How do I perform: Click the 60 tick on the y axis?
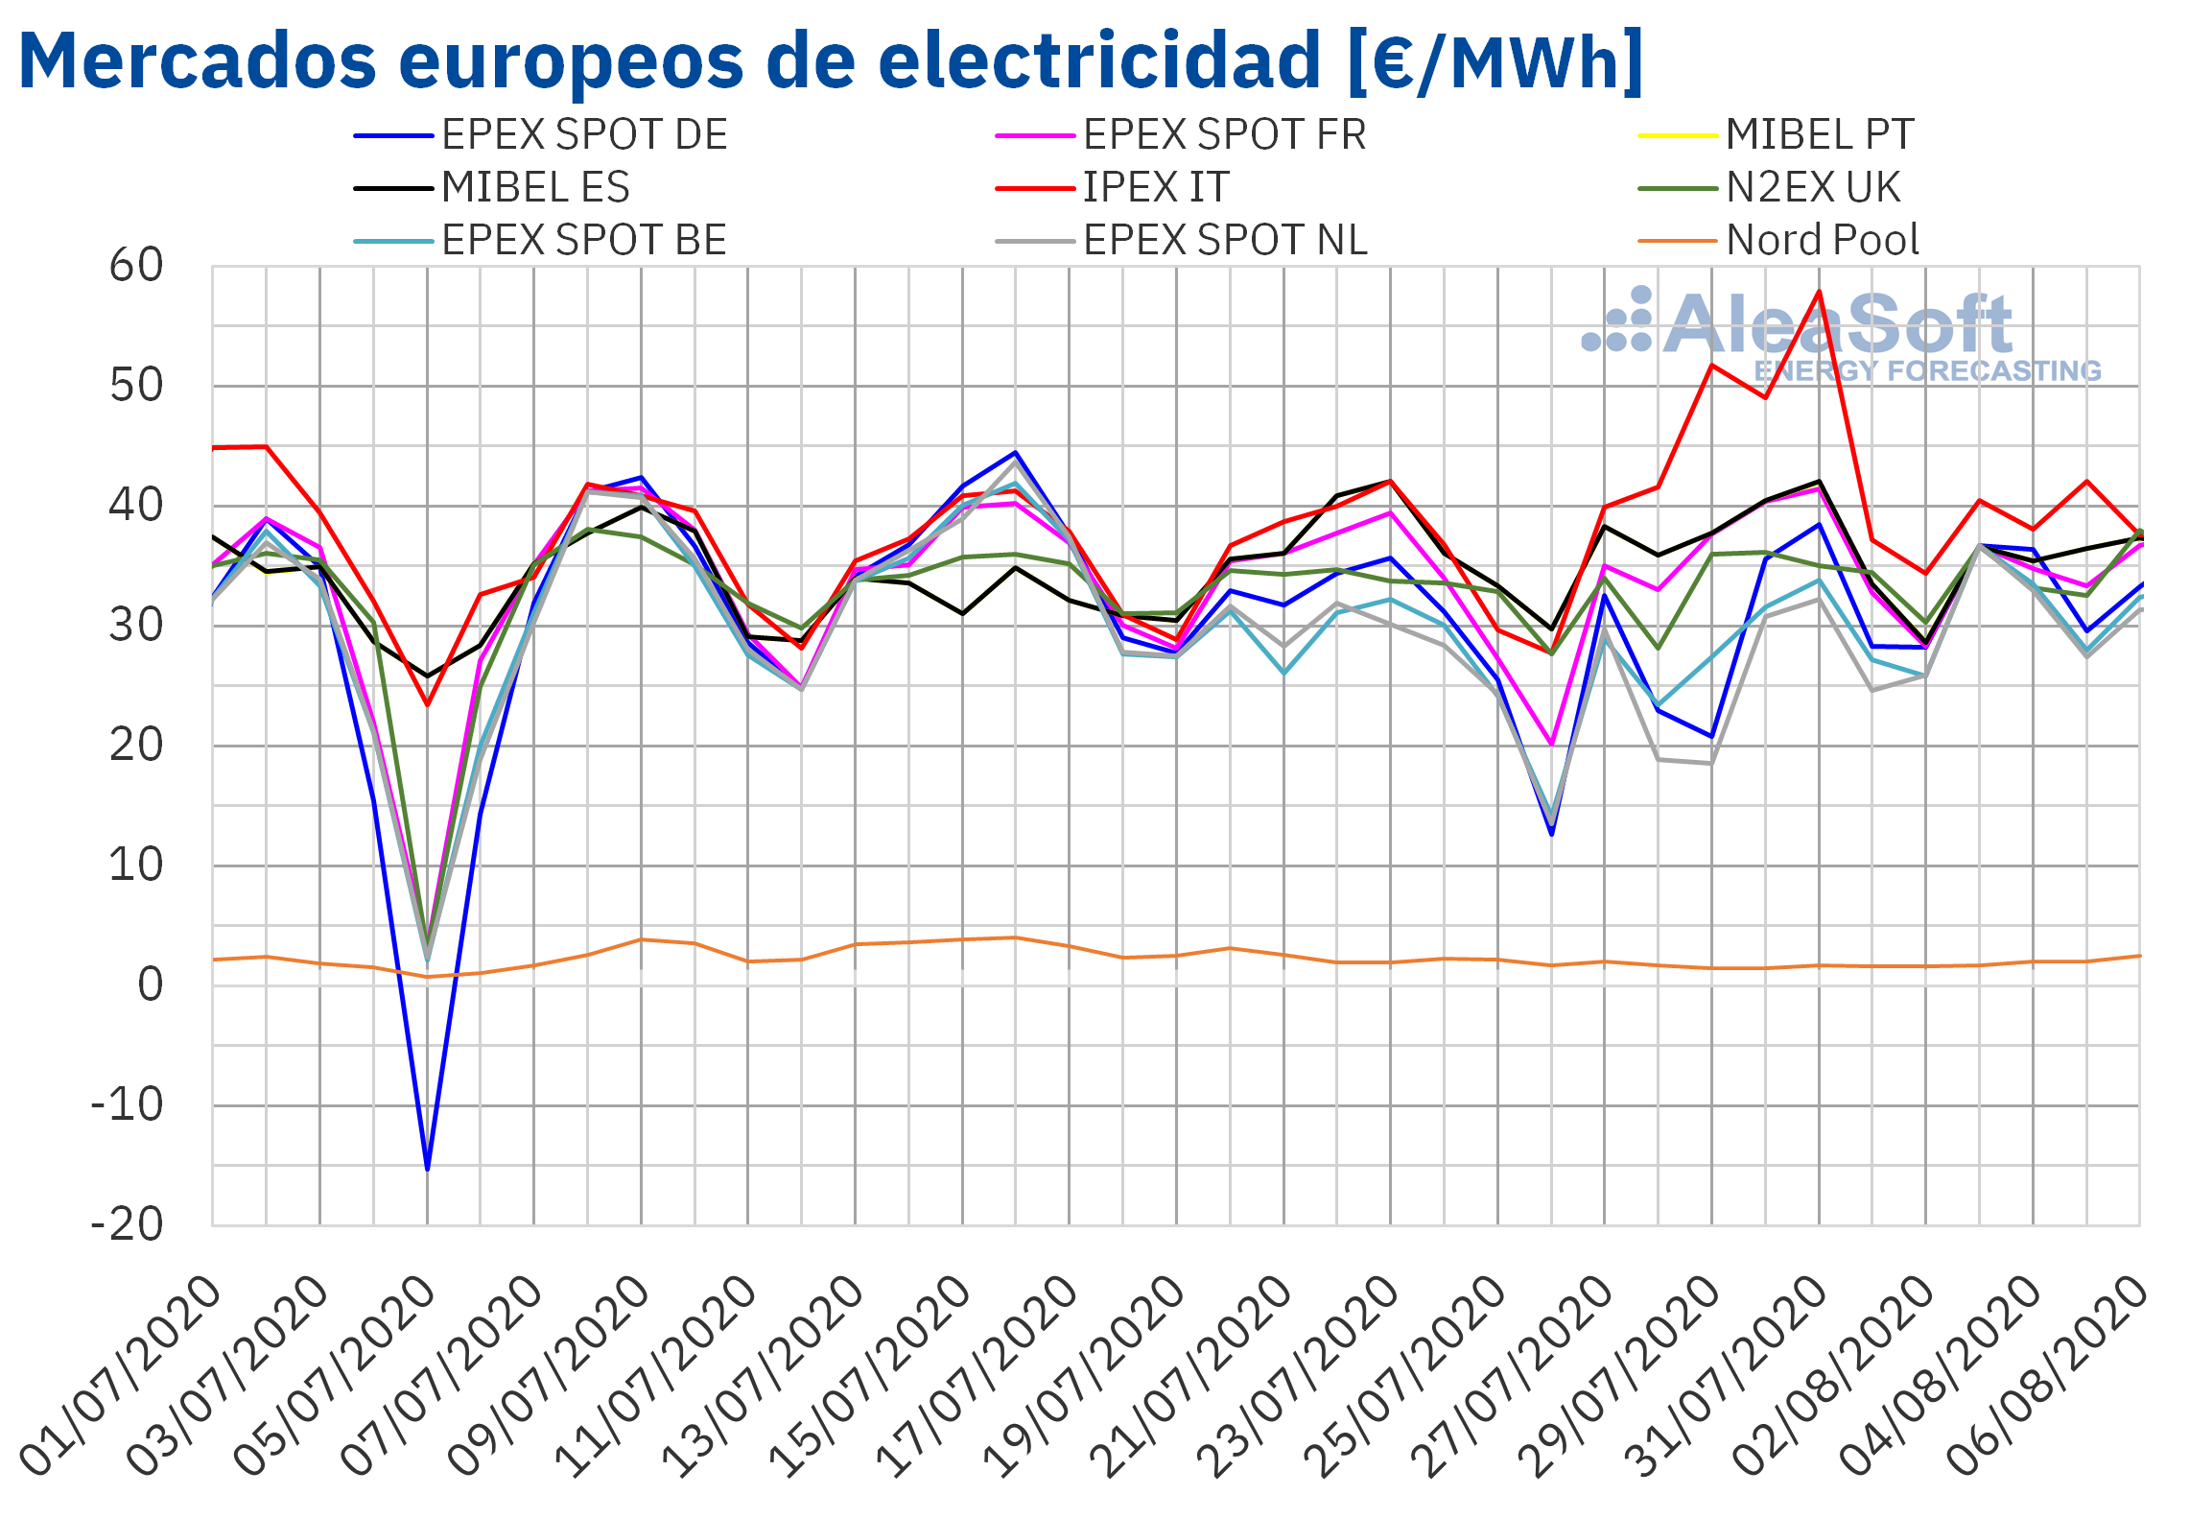pyautogui.click(x=136, y=266)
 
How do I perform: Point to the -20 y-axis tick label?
pyautogui.click(x=127, y=1224)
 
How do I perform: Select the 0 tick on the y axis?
pyautogui.click(x=151, y=985)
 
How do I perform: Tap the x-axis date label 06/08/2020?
pyautogui.click(x=2047, y=1378)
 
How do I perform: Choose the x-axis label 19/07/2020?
pyautogui.click(x=1084, y=1378)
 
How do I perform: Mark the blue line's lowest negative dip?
pyautogui.click(x=427, y=1169)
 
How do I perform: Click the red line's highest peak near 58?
pyautogui.click(x=1819, y=291)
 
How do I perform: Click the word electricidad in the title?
pyautogui.click(x=1099, y=59)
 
